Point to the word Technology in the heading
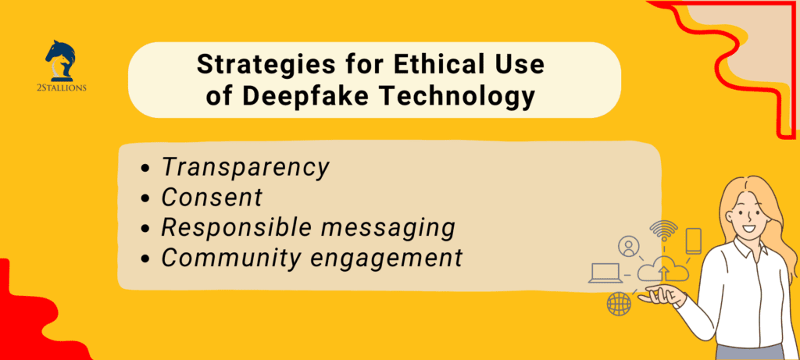456,97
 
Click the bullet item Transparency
245,167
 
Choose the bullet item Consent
212,198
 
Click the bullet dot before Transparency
147,169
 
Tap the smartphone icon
693,241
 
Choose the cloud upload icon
663,272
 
